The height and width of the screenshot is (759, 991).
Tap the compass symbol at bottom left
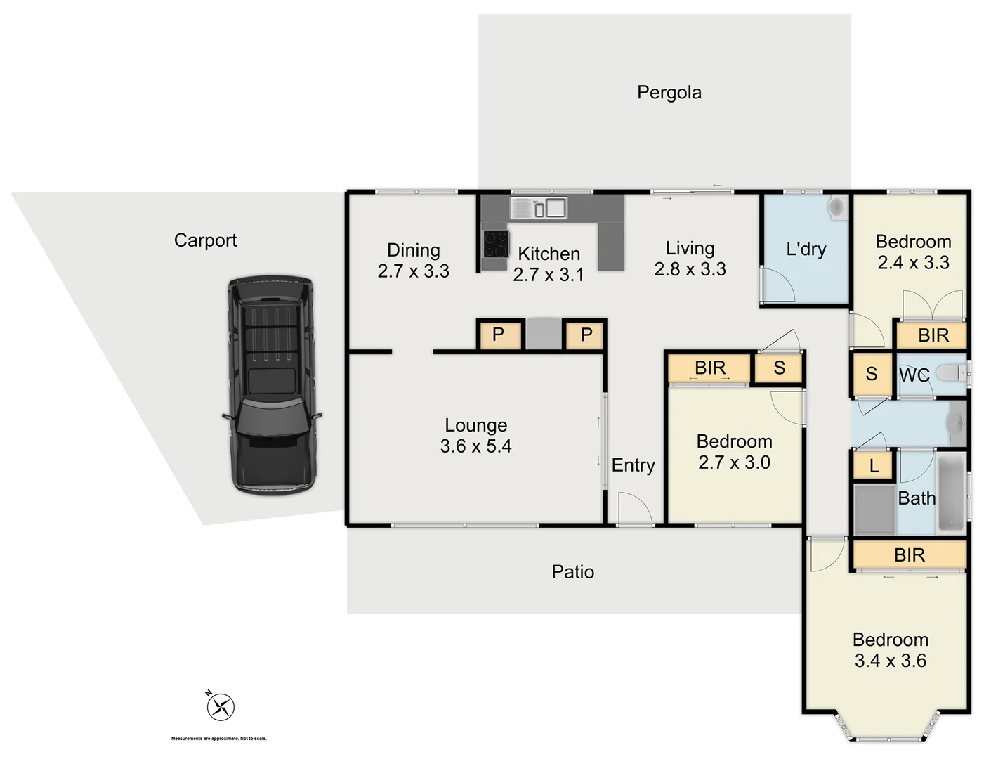221,706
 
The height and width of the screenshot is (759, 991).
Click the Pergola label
669,93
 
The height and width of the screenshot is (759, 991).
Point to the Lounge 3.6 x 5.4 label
475,436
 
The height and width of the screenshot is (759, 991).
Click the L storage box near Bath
873,465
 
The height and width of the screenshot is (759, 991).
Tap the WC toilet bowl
951,372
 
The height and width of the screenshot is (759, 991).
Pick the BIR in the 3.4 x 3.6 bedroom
909,555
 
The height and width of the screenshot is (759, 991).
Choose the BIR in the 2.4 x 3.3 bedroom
932,335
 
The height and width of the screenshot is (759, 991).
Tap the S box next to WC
871,374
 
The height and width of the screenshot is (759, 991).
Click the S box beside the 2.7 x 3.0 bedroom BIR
778,368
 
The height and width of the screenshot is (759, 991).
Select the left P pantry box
498,335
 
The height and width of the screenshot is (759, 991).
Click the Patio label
572,572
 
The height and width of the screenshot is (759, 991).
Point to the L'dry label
806,249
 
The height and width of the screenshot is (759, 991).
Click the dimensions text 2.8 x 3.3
690,269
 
